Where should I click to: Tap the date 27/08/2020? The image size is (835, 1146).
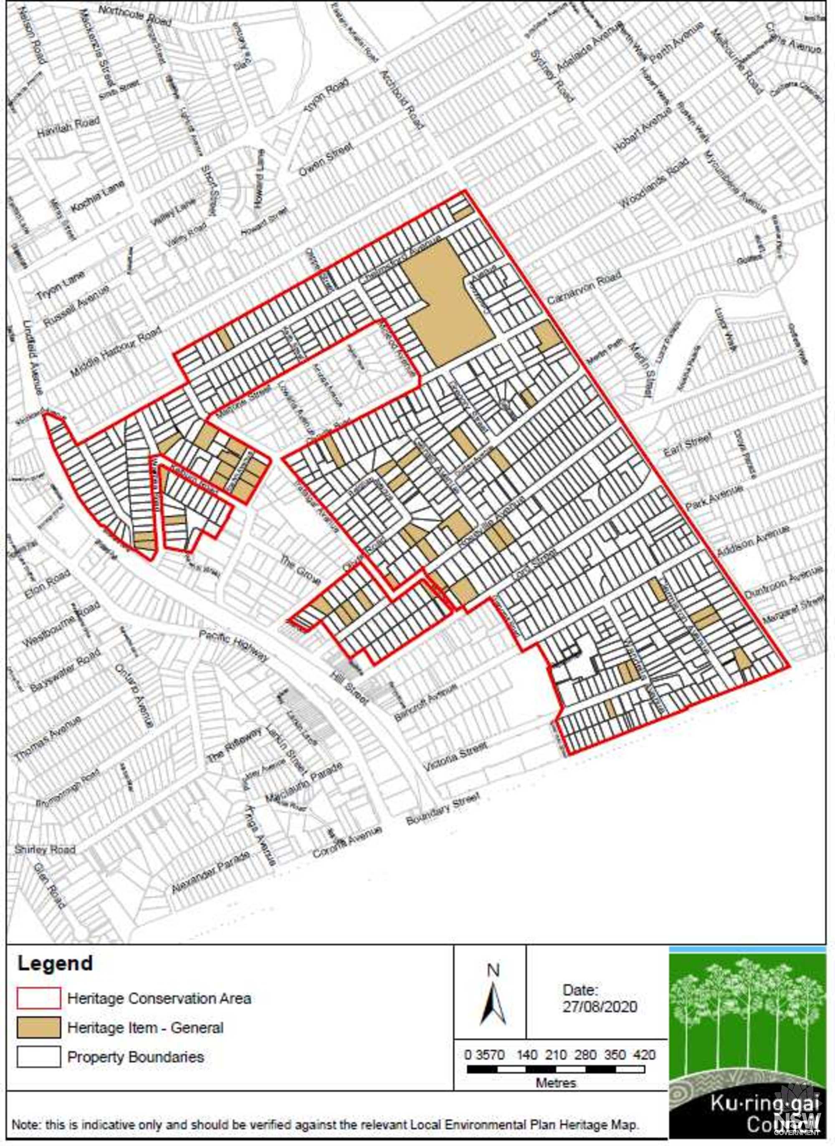(600, 1006)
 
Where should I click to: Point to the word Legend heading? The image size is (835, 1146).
(55, 963)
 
